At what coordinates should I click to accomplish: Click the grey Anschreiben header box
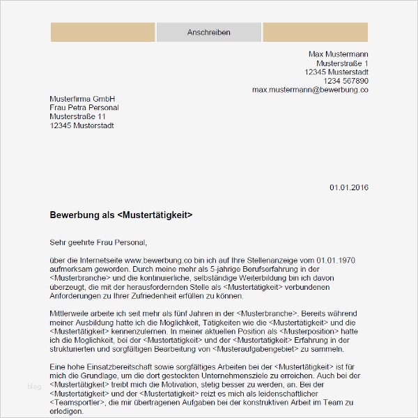[208, 33]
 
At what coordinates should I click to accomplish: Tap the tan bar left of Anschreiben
[102, 33]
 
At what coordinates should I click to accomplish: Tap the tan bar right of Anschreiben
[315, 33]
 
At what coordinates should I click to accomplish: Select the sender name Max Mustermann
[339, 54]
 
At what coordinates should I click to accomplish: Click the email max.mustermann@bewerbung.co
[310, 90]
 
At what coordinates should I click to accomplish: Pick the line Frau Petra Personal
[84, 108]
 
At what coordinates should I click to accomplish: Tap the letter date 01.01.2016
[348, 187]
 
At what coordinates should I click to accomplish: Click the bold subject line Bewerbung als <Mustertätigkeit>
[121, 215]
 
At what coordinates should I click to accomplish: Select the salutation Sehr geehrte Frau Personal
[98, 242]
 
